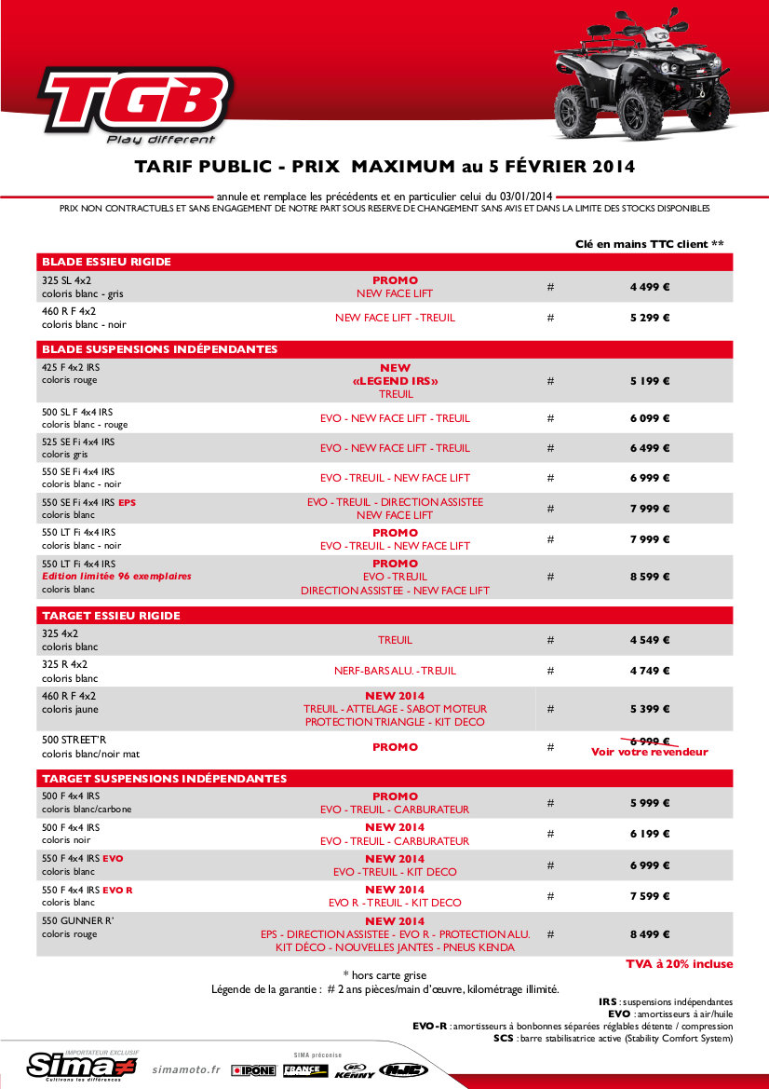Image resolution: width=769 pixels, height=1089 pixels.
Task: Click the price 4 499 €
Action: (649, 287)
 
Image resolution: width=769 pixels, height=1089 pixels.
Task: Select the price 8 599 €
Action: (649, 577)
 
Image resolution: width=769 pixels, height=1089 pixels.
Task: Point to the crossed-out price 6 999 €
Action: (649, 741)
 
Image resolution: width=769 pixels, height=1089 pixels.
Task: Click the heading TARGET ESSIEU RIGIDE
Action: (98, 616)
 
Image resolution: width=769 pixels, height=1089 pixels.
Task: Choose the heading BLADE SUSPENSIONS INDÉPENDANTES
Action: (159, 349)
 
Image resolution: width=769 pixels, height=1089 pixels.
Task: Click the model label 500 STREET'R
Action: (74, 740)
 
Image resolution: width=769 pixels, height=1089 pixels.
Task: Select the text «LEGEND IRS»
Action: (395, 381)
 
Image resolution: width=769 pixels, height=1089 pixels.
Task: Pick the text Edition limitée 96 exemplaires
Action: (116, 577)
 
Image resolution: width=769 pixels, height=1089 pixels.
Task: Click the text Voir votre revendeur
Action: (649, 752)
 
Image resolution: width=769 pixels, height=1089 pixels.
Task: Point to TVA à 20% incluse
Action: (679, 964)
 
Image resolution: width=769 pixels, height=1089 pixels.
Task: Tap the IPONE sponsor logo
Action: (253, 1070)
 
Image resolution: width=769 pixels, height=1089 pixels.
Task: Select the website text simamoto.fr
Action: (186, 1070)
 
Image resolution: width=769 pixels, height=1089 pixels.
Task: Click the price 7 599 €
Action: (649, 896)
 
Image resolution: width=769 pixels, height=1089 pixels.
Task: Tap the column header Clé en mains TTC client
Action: (649, 244)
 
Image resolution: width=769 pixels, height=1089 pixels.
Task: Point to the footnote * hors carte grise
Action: (384, 974)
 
